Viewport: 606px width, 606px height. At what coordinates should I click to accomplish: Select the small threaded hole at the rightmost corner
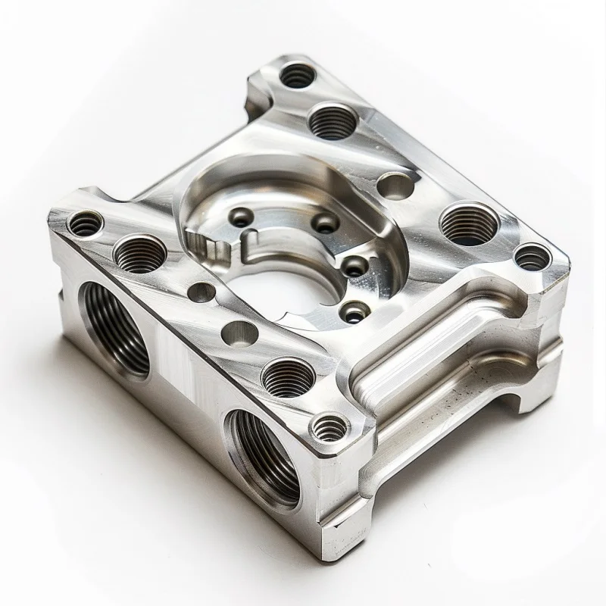pos(533,258)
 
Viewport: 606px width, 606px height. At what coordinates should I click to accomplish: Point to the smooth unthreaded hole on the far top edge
pos(395,185)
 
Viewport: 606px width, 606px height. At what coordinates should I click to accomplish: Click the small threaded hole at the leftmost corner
pos(85,223)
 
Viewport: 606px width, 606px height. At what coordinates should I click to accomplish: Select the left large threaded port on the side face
pos(116,327)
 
